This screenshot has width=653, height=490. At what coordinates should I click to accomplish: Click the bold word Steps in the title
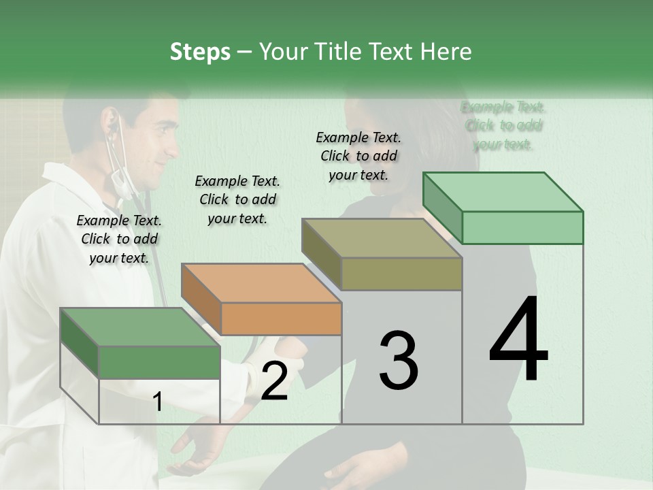(x=200, y=52)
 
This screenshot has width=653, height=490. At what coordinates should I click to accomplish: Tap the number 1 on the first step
(x=158, y=402)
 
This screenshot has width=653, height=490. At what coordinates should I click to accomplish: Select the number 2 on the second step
(x=274, y=381)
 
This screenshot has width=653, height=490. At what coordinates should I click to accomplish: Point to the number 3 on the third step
(x=398, y=361)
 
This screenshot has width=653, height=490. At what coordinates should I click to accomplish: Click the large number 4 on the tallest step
(x=518, y=340)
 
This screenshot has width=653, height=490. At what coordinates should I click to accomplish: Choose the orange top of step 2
(x=261, y=282)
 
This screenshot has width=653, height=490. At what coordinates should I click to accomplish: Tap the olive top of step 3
(x=381, y=238)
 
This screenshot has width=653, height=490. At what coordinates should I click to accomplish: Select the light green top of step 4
(x=502, y=192)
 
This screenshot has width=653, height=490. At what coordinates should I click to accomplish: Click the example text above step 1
(x=119, y=239)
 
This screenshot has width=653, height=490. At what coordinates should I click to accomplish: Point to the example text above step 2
(x=237, y=199)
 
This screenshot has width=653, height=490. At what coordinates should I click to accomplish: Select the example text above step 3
(x=358, y=156)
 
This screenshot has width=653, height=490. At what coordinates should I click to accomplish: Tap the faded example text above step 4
(x=503, y=125)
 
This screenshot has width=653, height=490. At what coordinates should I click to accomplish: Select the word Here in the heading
(x=446, y=52)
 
